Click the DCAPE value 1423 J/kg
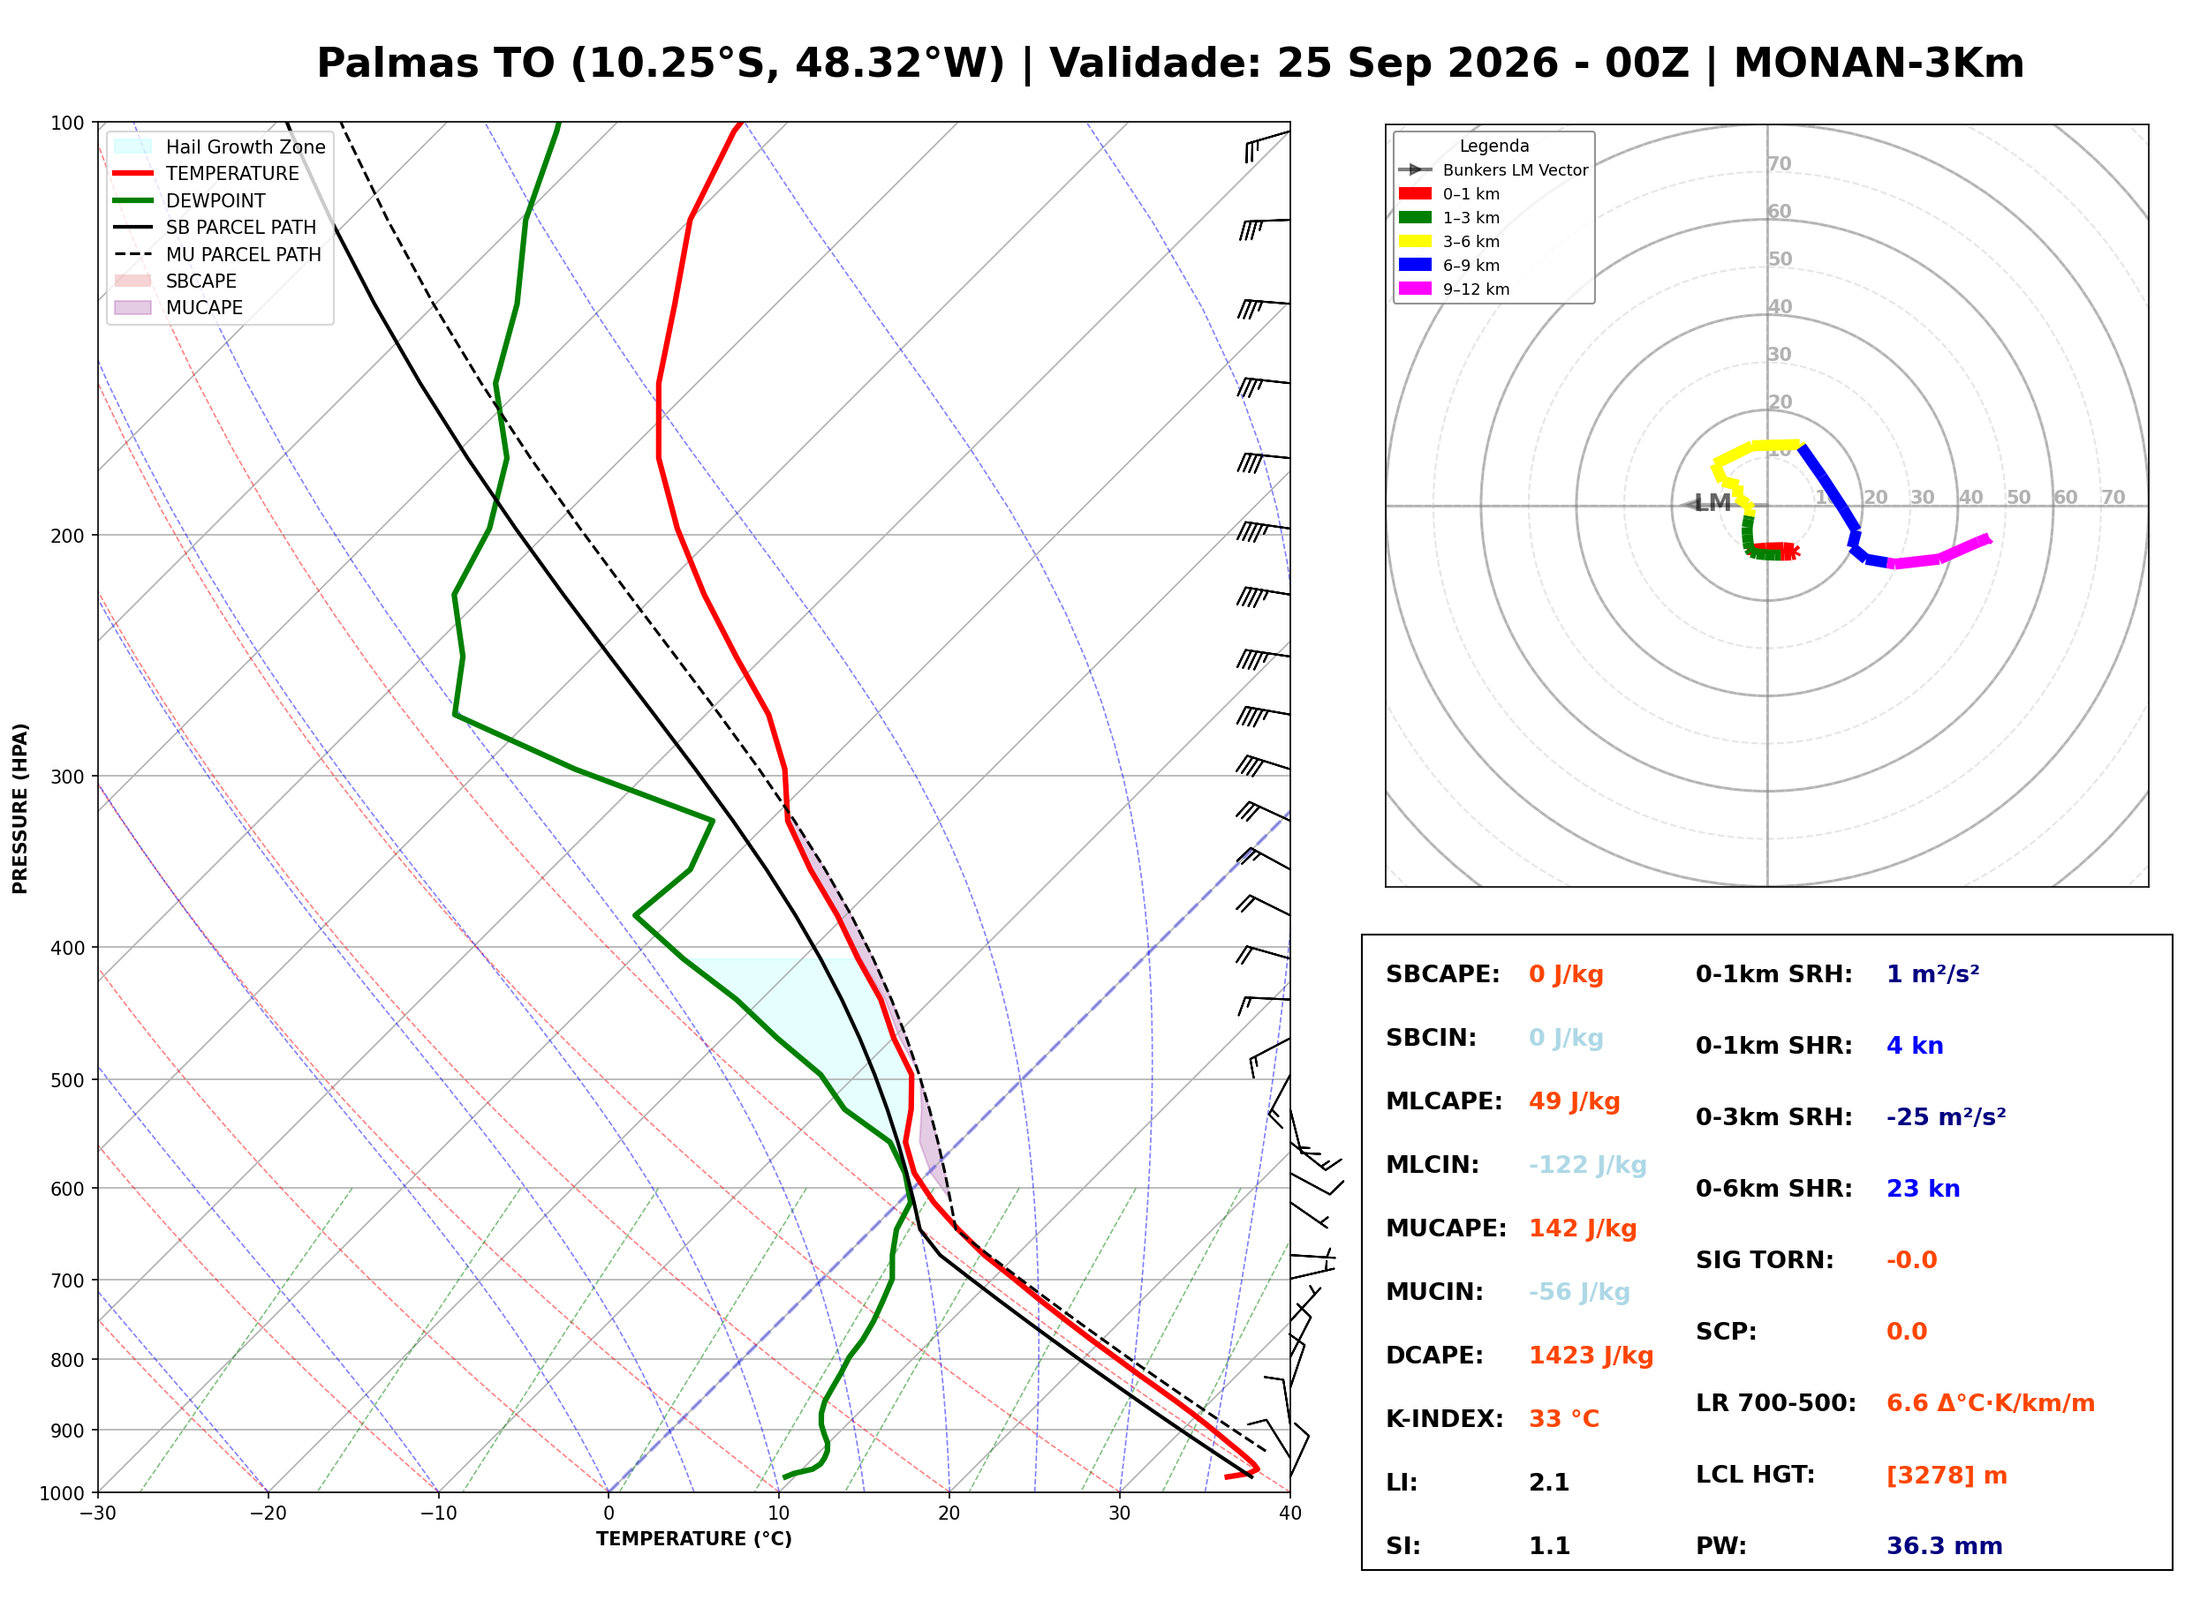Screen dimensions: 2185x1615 point(1591,1355)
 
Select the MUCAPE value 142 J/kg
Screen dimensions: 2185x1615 point(1583,1228)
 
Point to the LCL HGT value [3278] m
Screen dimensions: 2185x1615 point(1947,1476)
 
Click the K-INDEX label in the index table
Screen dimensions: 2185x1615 point(1445,1418)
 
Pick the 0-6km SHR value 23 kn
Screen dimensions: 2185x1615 point(1923,1189)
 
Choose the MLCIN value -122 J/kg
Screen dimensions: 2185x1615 point(1587,1164)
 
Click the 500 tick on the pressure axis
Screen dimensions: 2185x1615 point(67,1080)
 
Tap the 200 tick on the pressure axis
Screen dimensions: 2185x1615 point(67,536)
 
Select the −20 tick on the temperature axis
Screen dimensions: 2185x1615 point(268,1514)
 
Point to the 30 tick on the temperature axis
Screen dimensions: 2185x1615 point(1120,1514)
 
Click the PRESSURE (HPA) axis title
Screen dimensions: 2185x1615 point(20,807)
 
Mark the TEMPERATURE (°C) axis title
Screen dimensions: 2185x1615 point(694,1539)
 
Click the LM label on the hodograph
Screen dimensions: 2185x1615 point(1712,502)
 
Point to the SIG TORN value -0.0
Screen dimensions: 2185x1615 point(1911,1260)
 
